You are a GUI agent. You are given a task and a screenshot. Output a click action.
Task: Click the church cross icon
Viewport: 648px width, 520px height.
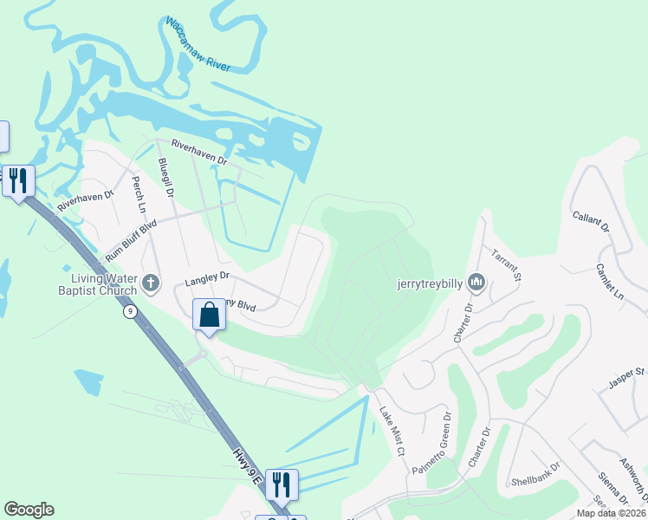tap(151, 283)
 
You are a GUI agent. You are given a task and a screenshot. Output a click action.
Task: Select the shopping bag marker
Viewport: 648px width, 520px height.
tap(209, 315)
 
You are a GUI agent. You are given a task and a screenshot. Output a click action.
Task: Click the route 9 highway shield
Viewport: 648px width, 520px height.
tap(129, 312)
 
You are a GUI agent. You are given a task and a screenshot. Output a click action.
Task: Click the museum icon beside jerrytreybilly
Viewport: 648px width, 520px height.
tap(476, 282)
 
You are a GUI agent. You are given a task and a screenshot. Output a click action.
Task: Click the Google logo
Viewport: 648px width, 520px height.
tap(29, 510)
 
